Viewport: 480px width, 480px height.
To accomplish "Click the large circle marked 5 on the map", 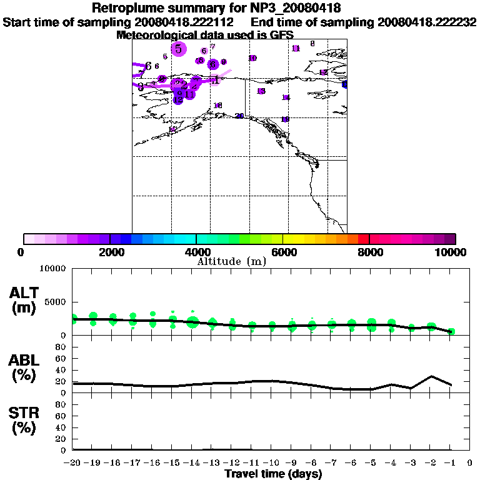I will coord(179,49).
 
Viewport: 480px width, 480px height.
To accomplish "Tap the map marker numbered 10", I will coord(252,58).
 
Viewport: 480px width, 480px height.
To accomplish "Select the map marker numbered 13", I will coord(261,91).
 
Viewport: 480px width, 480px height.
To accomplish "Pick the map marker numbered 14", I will coord(286,97).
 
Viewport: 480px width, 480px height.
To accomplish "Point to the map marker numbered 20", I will coord(239,116).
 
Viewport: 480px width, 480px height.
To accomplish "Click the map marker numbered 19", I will coord(285,119).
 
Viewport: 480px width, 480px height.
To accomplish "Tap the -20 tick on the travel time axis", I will coord(73,463).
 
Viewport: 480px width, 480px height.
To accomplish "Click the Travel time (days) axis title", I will coord(273,474).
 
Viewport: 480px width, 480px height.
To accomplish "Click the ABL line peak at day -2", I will coord(431,376).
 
